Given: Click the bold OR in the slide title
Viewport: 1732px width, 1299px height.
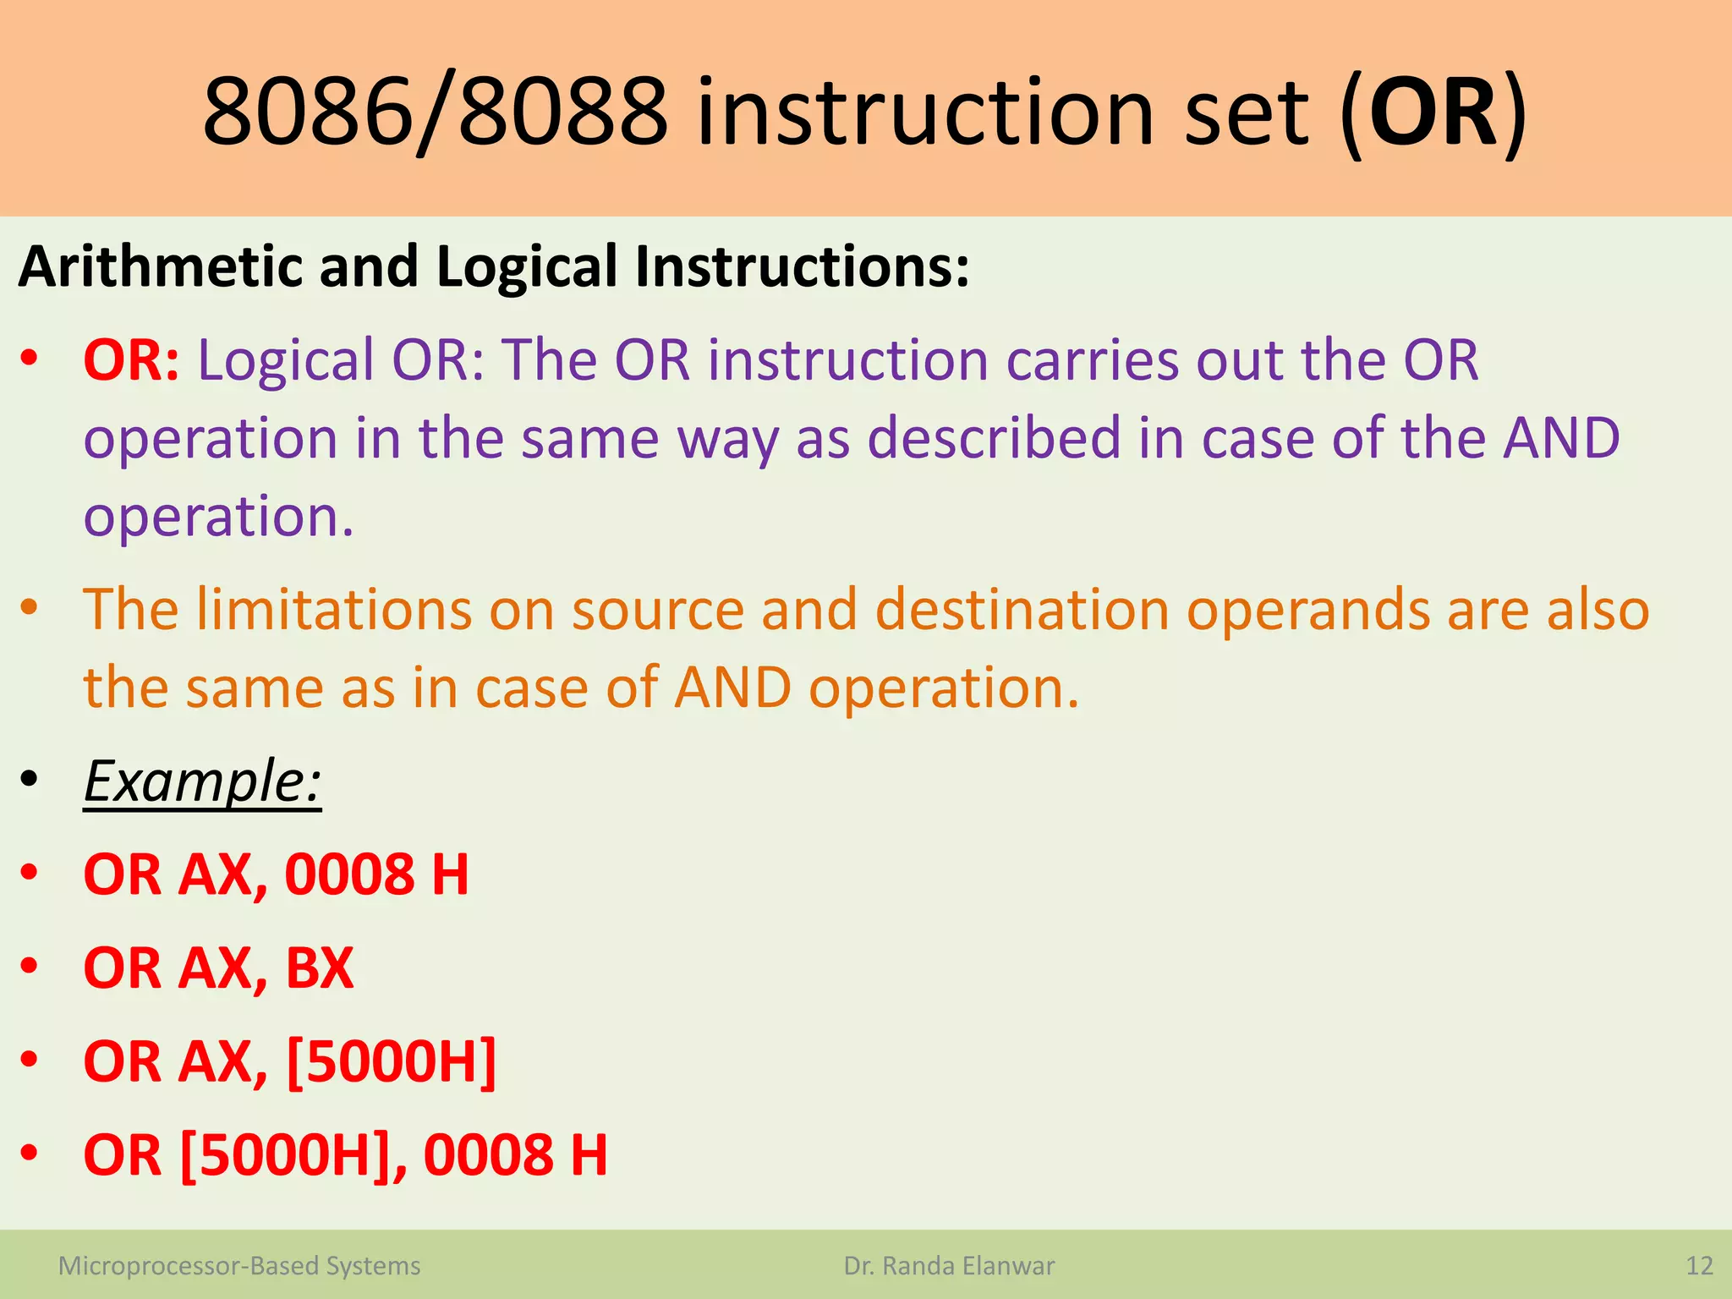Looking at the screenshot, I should (1433, 112).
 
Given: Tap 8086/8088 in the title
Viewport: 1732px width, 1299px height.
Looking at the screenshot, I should (435, 112).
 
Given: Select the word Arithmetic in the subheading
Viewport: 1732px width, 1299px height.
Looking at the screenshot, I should (159, 266).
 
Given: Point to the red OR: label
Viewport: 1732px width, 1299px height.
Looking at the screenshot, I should (131, 360).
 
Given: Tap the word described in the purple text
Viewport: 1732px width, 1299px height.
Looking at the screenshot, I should (994, 438).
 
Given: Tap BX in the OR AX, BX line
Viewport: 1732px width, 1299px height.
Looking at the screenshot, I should (320, 967).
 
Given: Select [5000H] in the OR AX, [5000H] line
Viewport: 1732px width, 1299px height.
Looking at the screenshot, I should (392, 1061).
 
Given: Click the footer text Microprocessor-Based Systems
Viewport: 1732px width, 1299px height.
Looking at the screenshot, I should (239, 1266).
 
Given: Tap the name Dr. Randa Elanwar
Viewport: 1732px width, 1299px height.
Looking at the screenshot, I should (949, 1266).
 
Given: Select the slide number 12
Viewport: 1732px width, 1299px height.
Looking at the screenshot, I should (1699, 1266).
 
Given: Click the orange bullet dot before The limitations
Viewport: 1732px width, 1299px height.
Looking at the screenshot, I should (30, 606).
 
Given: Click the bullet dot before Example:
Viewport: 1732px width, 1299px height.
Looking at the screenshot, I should (30, 779).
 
